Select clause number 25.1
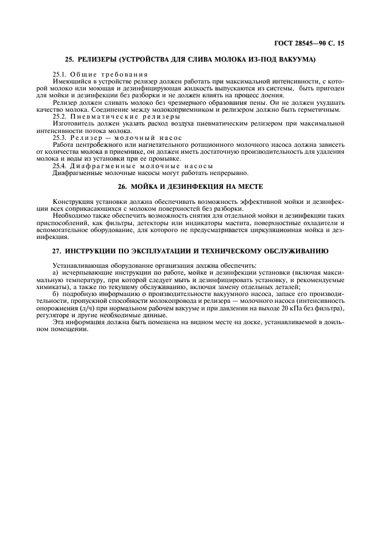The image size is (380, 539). coord(60,74)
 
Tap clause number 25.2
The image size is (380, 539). coord(60,116)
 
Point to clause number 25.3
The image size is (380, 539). coord(60,138)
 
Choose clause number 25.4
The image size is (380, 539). coord(60,166)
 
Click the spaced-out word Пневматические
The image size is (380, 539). coord(102,116)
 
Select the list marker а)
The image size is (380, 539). coord(55,272)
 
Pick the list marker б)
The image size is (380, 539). coord(55,293)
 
